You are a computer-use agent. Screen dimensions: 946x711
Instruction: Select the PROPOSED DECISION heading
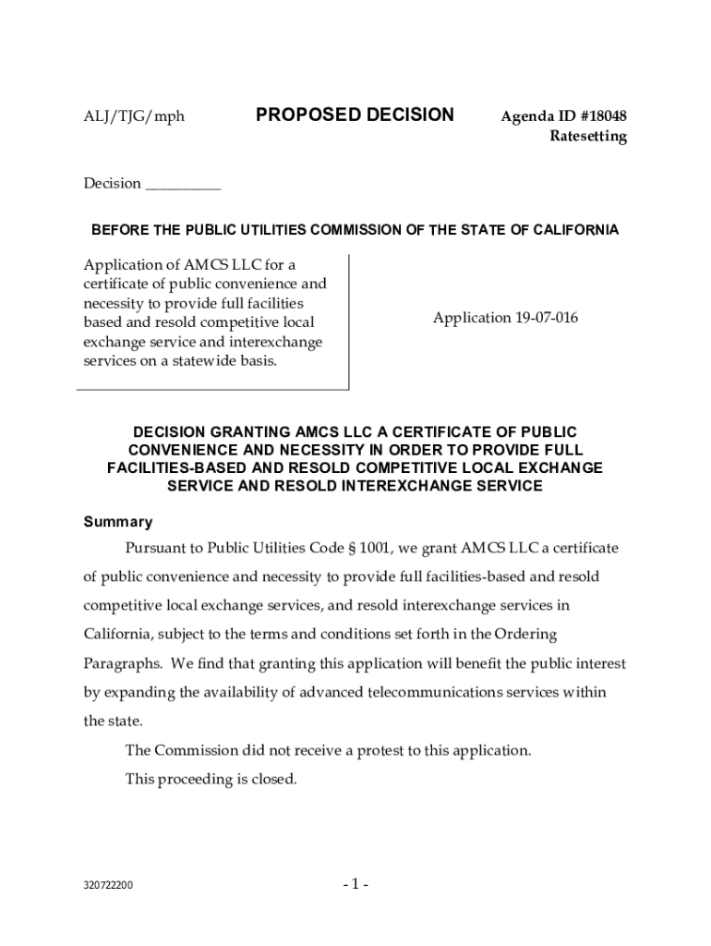tap(355, 115)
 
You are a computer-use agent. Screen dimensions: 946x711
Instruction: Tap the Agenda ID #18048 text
tap(563, 116)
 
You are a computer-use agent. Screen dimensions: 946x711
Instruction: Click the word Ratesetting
tap(588, 137)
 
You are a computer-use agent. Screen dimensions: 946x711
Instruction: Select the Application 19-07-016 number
tap(506, 318)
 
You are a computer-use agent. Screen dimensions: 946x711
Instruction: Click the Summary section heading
tap(118, 521)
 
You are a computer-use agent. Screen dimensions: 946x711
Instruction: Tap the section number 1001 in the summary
tap(373, 548)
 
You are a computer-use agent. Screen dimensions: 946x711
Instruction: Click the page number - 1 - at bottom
tap(355, 885)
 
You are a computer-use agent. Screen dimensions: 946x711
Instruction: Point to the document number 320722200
tap(108, 885)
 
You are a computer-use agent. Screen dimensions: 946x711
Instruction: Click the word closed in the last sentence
tap(273, 779)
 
